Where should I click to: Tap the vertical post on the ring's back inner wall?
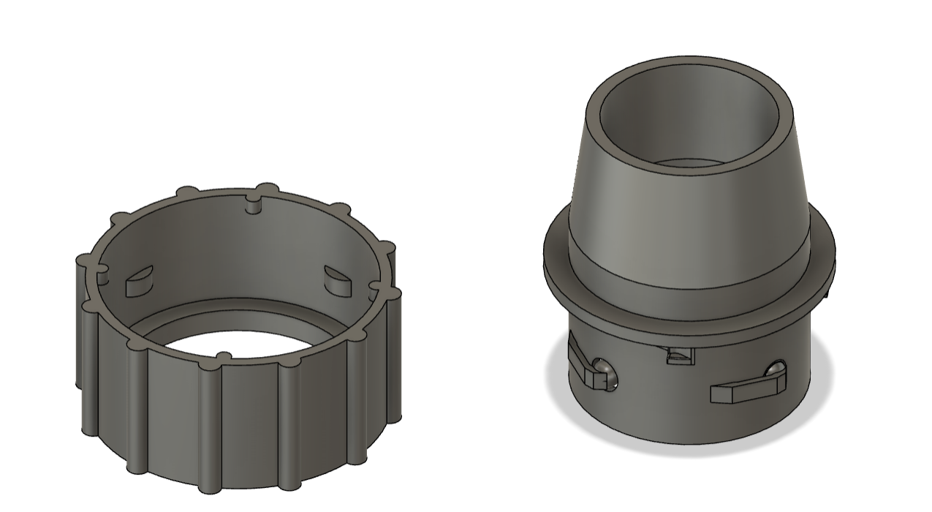253,205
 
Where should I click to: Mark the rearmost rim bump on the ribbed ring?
268,188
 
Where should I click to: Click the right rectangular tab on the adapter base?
738,393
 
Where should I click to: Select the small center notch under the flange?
679,355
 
